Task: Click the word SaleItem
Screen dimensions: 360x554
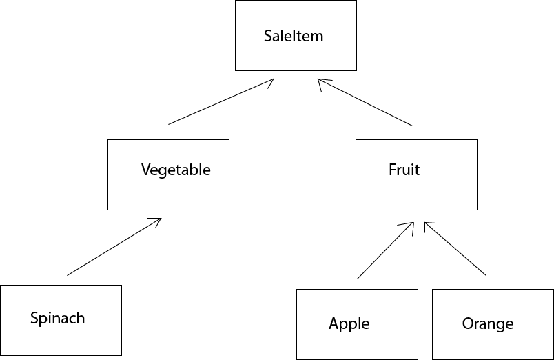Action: [x=294, y=36]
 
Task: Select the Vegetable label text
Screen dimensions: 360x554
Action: [x=176, y=170]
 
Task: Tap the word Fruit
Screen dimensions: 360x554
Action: [x=404, y=170]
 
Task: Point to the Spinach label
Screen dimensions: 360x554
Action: [x=57, y=319]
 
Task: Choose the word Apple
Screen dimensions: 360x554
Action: [x=349, y=323]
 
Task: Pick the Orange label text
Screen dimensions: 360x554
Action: [x=488, y=323]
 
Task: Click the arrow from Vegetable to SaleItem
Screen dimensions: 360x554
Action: [x=220, y=102]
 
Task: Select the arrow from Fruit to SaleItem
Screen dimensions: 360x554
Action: [x=365, y=102]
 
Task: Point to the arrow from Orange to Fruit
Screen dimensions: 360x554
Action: [x=455, y=249]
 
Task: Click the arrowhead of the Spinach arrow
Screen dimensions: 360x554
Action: [x=158, y=220]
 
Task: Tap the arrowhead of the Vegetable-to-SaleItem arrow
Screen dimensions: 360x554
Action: [x=271, y=80]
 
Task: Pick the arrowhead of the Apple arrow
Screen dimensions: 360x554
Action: [x=411, y=224]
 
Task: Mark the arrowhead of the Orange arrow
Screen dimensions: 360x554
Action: [x=427, y=224]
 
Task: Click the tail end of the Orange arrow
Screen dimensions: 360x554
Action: [x=486, y=275]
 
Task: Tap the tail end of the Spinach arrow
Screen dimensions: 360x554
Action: [x=68, y=275]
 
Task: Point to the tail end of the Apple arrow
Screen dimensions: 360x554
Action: [x=358, y=279]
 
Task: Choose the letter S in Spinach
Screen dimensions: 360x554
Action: [x=34, y=318]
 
